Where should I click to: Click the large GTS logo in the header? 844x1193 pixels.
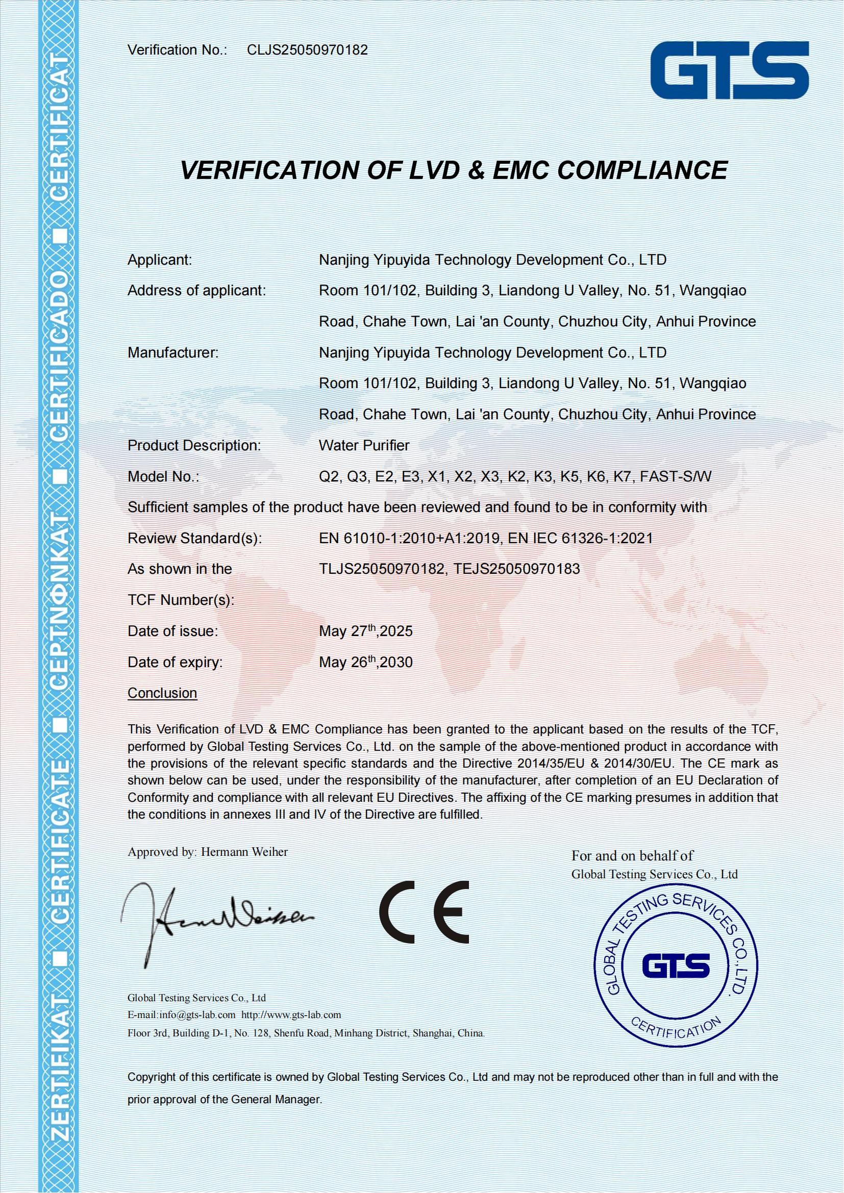730,71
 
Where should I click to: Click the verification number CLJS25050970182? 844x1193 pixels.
307,50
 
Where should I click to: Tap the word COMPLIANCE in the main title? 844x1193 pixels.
642,170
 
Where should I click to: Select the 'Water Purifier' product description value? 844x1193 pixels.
364,445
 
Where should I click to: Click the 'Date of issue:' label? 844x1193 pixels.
172,631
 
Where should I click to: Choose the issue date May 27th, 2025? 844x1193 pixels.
365,631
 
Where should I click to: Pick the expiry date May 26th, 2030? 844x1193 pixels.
365,663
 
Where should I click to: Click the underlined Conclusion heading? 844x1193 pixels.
162,693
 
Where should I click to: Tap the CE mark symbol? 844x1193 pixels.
424,912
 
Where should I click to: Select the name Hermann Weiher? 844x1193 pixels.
244,852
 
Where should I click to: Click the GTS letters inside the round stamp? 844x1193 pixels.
676,967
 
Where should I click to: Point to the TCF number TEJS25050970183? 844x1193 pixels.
516,569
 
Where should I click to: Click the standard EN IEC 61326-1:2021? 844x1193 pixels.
580,538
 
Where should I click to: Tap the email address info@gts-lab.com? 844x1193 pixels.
197,1014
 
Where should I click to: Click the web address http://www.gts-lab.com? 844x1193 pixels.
291,1014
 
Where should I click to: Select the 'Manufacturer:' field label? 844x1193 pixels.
173,353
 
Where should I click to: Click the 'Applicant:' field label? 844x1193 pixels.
160,260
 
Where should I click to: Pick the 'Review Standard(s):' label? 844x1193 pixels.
194,538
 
